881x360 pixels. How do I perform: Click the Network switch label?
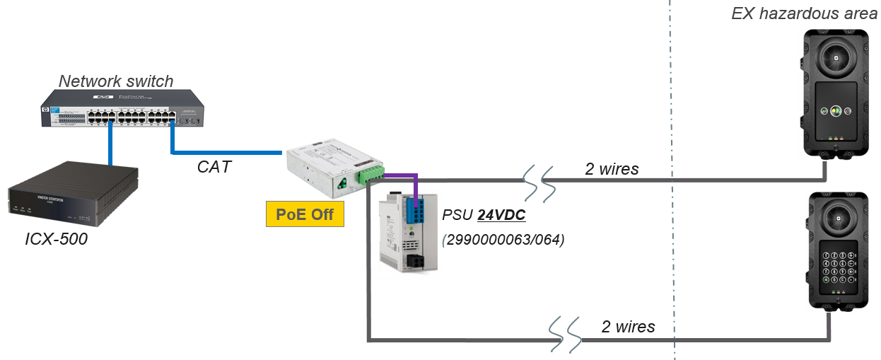(116, 81)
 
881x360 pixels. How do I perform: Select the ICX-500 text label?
(56, 239)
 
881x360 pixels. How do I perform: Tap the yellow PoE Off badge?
(304, 214)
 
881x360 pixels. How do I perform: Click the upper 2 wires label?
(612, 169)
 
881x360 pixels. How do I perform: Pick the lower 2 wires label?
(628, 327)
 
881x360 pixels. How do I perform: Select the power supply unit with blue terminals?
(409, 231)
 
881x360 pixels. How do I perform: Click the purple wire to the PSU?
(404, 174)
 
